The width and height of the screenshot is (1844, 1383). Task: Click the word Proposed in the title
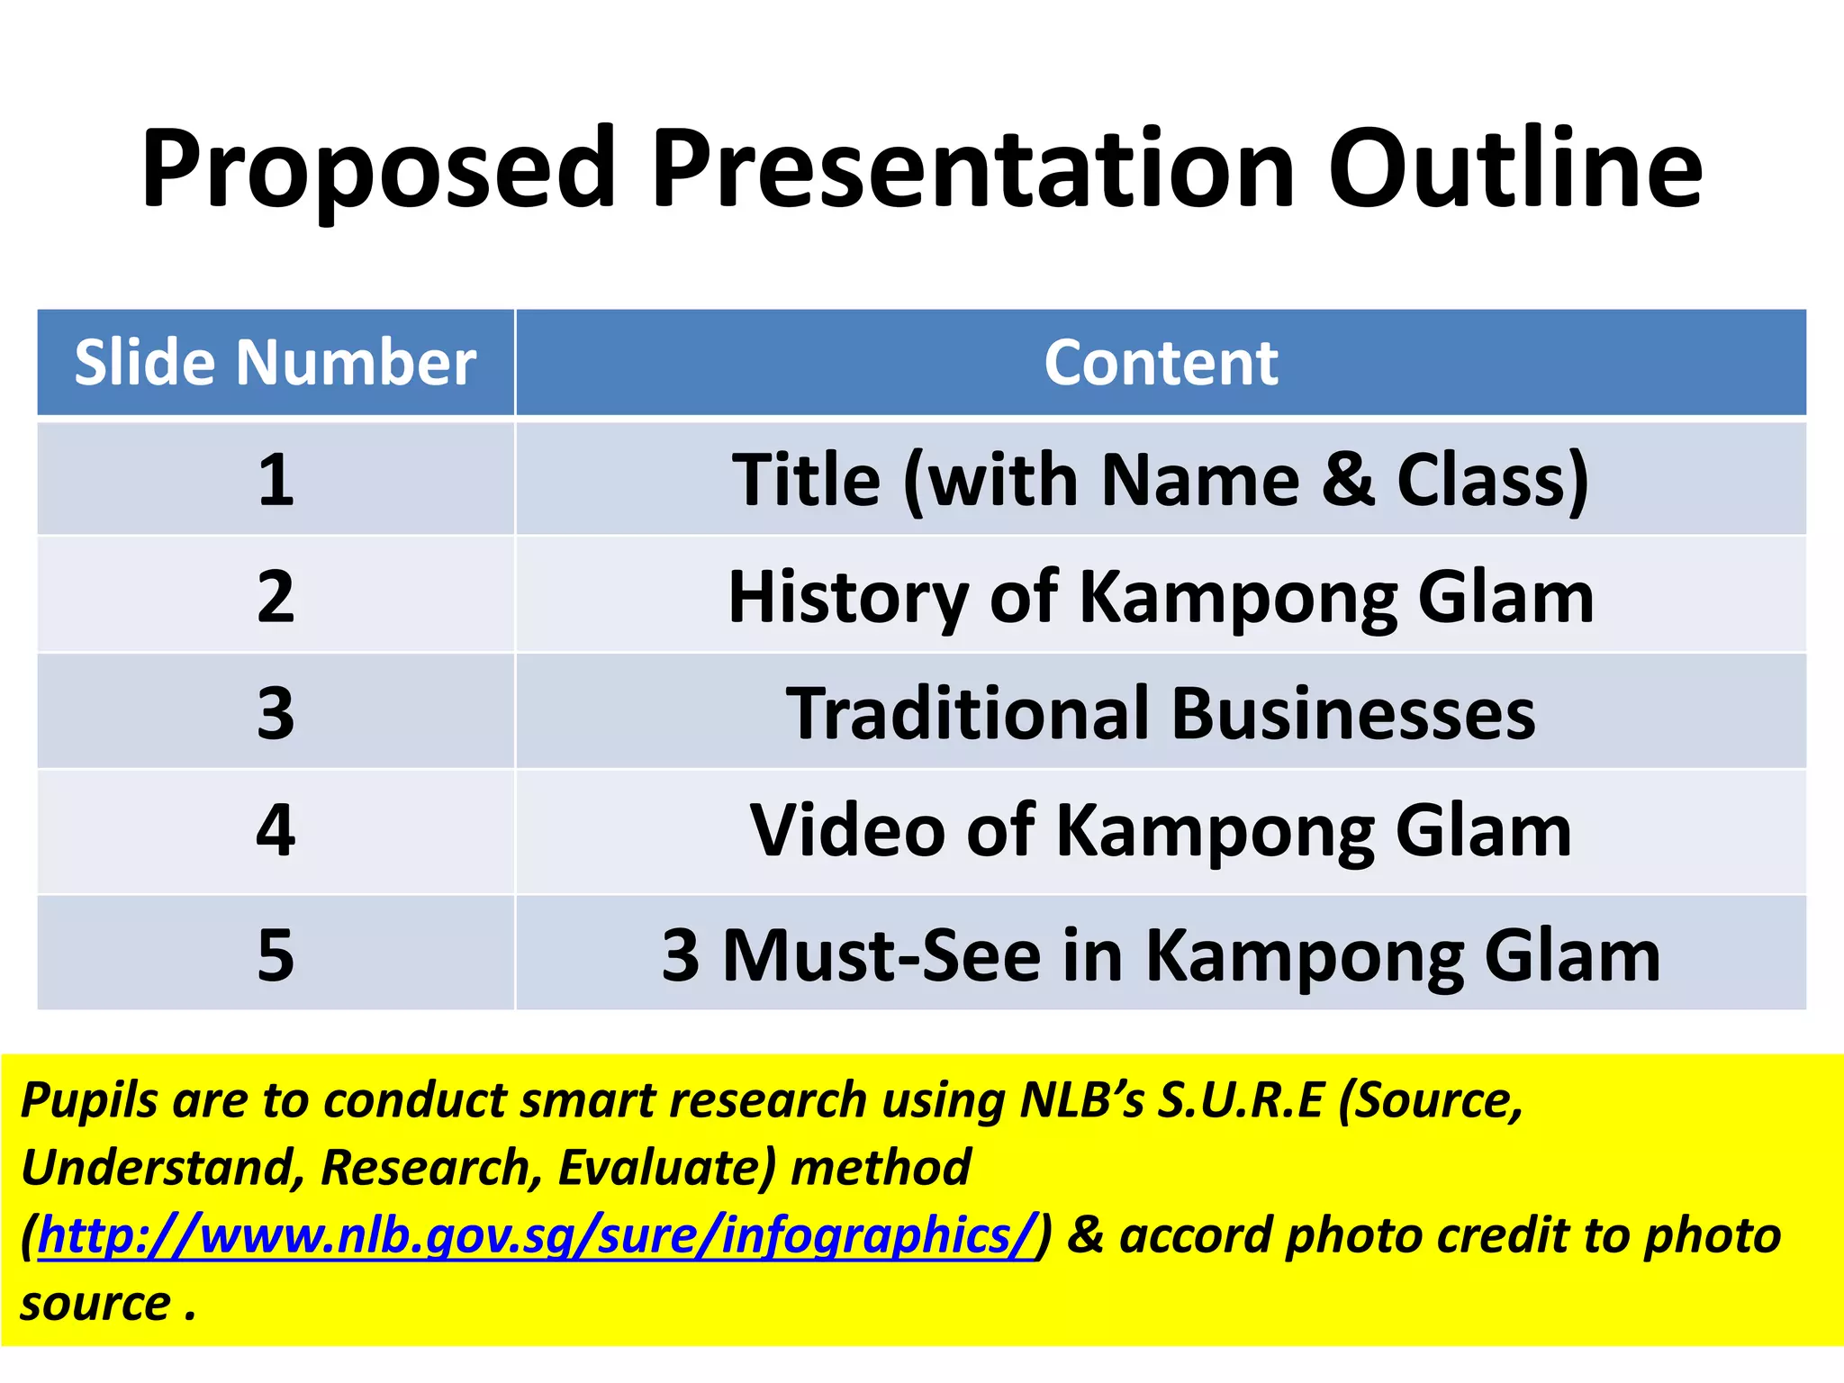(378, 169)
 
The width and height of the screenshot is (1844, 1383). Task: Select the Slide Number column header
(276, 363)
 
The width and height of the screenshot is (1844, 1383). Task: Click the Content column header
(1161, 363)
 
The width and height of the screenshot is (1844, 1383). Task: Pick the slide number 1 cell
(276, 479)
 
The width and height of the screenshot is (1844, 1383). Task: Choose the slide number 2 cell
(276, 596)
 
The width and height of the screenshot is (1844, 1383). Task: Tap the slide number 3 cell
(276, 712)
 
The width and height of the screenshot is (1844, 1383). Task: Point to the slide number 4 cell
(276, 830)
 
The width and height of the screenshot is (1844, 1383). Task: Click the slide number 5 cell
(276, 954)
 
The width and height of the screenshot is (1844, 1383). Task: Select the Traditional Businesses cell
(1161, 712)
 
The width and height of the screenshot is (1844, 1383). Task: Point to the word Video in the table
(847, 830)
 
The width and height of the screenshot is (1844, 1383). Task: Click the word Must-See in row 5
(881, 954)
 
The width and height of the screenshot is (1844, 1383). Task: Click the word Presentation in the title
(972, 169)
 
